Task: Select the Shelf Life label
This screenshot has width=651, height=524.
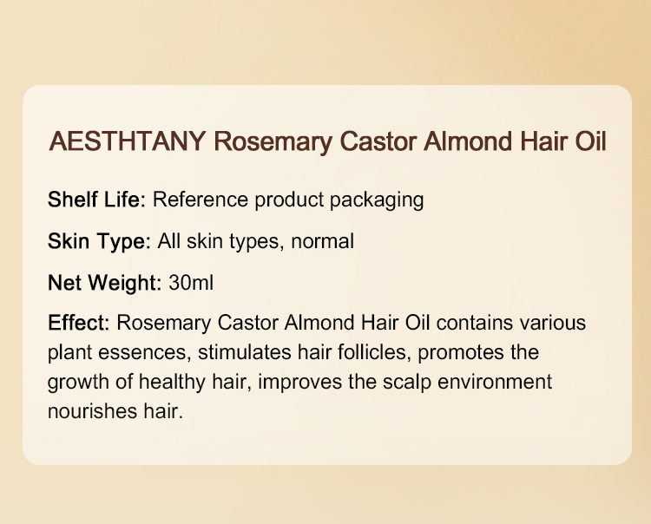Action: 97,200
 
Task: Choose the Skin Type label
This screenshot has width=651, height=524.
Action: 100,241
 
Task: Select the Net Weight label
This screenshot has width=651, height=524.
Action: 102,283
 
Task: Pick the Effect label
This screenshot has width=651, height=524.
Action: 77,324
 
